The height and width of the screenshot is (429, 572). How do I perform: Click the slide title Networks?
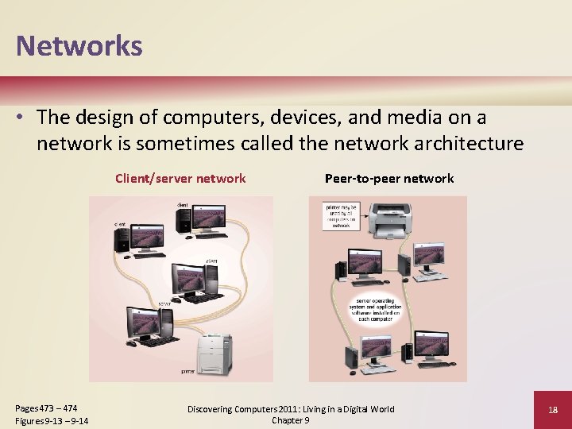[x=79, y=45]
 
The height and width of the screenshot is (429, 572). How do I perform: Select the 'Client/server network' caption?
[x=180, y=178]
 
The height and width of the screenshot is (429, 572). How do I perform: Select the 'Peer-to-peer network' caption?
[x=389, y=178]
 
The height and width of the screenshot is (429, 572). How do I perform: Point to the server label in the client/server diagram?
[x=164, y=304]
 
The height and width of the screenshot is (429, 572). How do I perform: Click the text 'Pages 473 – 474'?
[x=47, y=408]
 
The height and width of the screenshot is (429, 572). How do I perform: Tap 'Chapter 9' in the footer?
[x=290, y=420]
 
